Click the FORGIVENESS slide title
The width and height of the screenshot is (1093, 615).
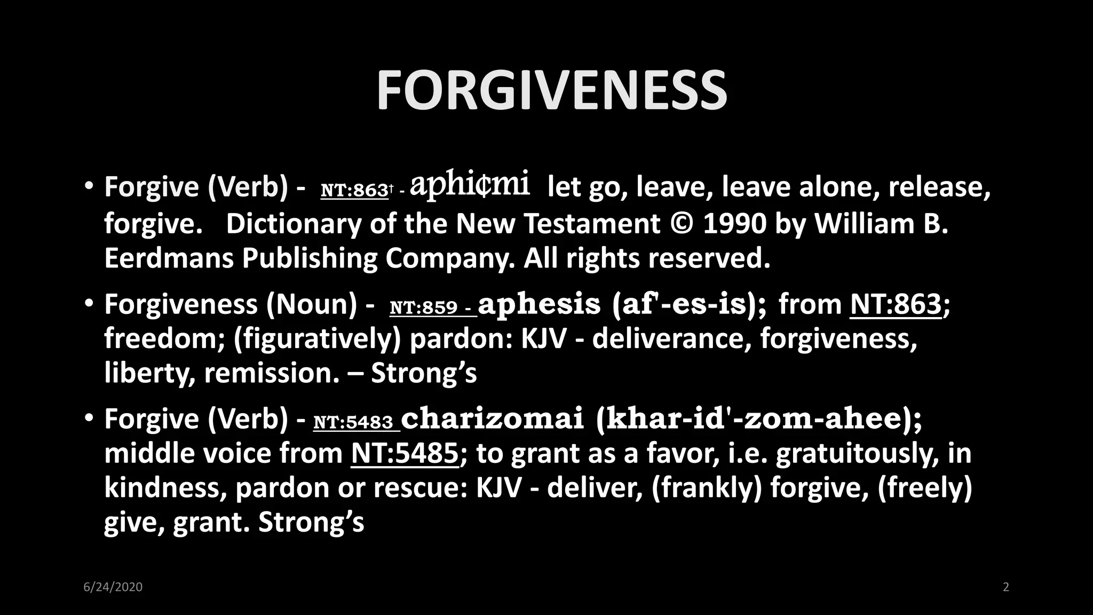click(551, 90)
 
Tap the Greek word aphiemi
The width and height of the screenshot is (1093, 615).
click(470, 184)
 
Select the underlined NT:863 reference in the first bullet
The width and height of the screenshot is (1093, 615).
click(354, 191)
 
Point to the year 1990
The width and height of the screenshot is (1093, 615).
click(734, 224)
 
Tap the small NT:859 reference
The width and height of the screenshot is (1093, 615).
click(424, 307)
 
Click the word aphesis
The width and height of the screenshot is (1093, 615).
click(539, 304)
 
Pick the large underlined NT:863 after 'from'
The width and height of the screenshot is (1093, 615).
click(896, 304)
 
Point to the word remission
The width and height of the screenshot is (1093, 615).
click(272, 373)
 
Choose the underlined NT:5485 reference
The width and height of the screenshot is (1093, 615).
click(405, 454)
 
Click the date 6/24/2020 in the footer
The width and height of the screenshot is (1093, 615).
click(113, 587)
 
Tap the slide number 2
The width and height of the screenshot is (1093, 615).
click(1006, 587)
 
